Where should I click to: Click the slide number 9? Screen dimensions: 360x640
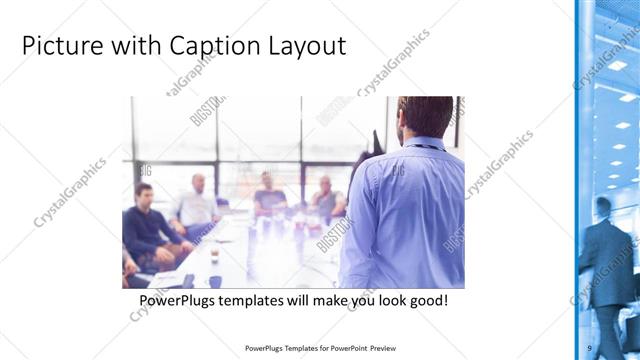[590, 347]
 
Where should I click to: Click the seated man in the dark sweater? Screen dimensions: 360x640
[150, 225]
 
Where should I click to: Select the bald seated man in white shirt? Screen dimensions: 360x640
[196, 205]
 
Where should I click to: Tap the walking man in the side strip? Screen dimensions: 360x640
[605, 255]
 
